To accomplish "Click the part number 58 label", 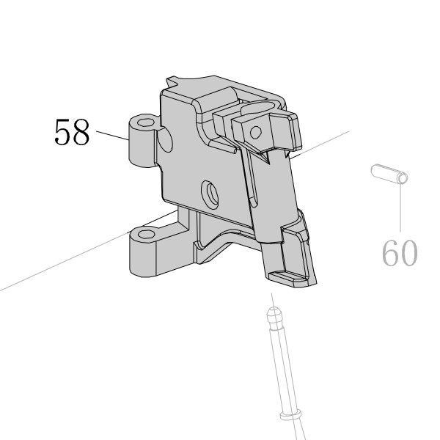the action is click(x=72, y=131).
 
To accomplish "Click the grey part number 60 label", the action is click(x=400, y=253).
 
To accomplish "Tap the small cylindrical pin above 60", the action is click(x=389, y=174).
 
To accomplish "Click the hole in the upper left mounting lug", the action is click(x=147, y=122).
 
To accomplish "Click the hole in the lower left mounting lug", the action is click(x=147, y=234).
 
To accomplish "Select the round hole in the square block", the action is click(x=256, y=132).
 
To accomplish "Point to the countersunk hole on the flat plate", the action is click(x=210, y=194).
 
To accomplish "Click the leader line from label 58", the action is click(x=112, y=135).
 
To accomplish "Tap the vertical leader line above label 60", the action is click(x=400, y=208).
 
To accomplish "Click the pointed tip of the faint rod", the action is click(x=273, y=309).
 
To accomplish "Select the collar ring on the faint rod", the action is click(x=290, y=415).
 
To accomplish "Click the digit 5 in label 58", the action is click(x=63, y=131).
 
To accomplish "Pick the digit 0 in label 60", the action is click(x=409, y=253).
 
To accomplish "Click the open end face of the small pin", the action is click(x=403, y=178).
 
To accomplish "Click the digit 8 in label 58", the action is click(x=81, y=131).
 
